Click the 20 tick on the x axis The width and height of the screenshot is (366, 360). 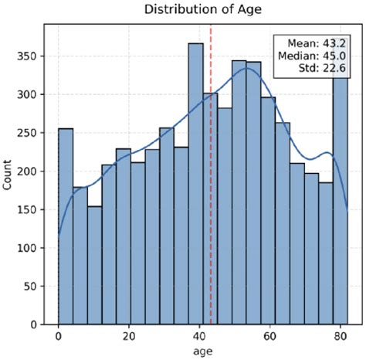coord(129,337)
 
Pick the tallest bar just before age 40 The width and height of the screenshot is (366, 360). coord(196,185)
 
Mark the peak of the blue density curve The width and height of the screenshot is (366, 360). coord(246,68)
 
